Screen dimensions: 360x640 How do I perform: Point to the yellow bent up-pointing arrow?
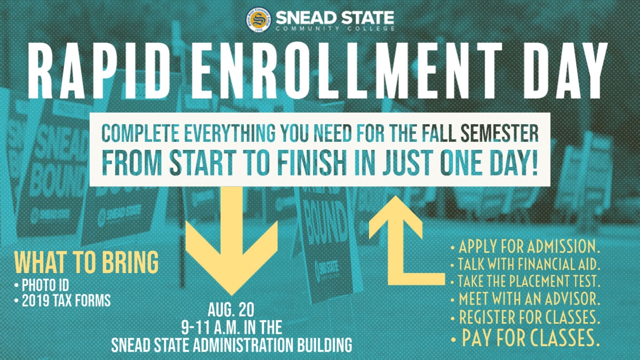(397, 240)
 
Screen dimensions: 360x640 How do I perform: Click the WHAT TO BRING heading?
(86, 263)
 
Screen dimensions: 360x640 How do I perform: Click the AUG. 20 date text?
(232, 310)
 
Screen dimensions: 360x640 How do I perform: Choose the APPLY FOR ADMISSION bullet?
(525, 247)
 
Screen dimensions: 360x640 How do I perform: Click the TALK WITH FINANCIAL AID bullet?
(525, 264)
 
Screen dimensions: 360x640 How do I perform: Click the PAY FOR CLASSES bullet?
(525, 337)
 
